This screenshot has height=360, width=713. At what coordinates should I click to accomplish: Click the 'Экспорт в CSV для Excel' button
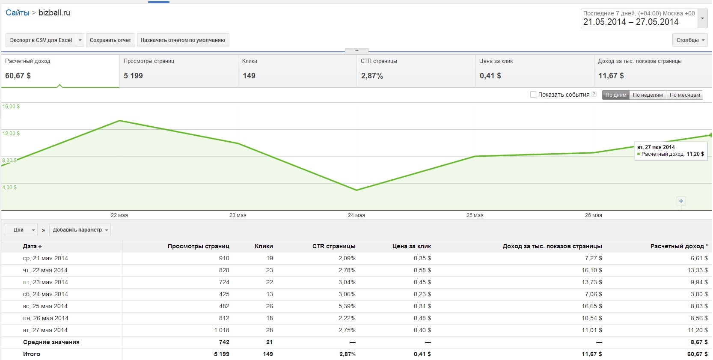41,40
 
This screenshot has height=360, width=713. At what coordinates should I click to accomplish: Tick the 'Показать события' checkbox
533,95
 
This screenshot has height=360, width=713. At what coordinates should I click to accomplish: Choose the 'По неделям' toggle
648,95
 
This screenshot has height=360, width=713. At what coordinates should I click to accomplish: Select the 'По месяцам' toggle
684,95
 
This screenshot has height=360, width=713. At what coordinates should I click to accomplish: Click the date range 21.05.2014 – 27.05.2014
630,22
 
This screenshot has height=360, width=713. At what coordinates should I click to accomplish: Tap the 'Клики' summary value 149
249,76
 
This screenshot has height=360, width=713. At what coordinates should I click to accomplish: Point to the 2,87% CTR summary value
372,76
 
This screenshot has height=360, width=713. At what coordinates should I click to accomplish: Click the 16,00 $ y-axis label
11,107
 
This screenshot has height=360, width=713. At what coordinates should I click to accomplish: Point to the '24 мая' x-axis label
356,215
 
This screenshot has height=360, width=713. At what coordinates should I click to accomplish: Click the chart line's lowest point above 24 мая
356,190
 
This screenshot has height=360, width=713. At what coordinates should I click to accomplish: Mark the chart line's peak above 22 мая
119,121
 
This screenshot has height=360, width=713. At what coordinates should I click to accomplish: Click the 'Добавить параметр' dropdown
80,230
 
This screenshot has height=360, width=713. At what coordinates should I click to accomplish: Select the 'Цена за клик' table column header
411,246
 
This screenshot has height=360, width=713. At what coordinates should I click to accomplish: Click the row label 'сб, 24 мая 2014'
45,294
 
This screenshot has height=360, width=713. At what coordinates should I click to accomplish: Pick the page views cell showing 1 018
222,330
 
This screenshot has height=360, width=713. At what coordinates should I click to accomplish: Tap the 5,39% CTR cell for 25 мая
347,306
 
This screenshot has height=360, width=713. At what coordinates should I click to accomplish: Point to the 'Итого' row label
32,354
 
